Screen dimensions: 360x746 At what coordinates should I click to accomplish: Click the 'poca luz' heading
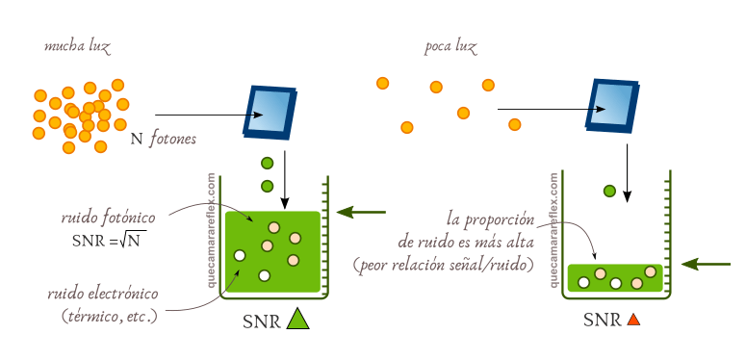pyautogui.click(x=450, y=47)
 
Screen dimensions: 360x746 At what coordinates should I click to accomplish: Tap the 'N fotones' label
pyautogui.click(x=163, y=140)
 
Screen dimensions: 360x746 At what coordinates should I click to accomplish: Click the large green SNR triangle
pyautogui.click(x=296, y=320)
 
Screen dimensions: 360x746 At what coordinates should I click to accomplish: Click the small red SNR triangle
pyautogui.click(x=632, y=320)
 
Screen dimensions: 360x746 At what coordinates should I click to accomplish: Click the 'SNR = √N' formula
pyautogui.click(x=108, y=240)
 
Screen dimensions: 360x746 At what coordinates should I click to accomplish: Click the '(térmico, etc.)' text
pyautogui.click(x=109, y=315)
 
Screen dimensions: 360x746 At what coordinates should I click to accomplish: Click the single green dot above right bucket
pyautogui.click(x=609, y=191)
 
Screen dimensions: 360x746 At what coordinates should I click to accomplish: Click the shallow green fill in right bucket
pyautogui.click(x=614, y=277)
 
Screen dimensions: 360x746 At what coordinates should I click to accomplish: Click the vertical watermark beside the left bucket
pyautogui.click(x=212, y=232)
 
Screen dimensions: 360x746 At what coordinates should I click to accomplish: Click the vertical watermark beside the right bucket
pyautogui.click(x=553, y=232)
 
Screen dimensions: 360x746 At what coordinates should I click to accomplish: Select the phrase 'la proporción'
pyautogui.click(x=490, y=219)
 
